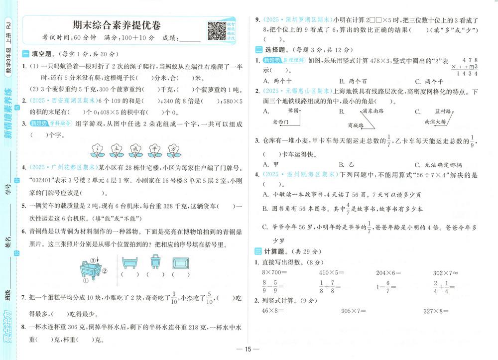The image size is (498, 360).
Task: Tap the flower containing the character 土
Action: coord(116,148)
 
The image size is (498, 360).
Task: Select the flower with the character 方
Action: coord(173,148)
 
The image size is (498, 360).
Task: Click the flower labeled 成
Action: coord(135,148)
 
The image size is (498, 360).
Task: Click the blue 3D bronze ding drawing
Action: coord(91,272)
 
